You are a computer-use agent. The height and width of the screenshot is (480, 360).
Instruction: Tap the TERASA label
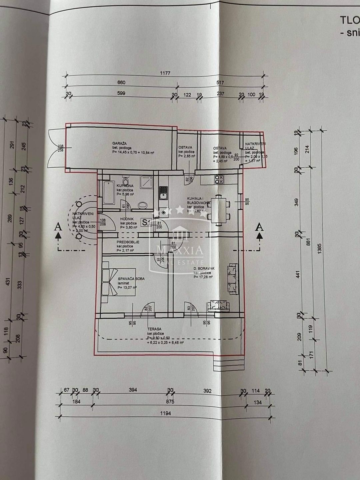pos(155,328)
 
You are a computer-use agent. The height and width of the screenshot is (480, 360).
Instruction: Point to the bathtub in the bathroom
pos(108,193)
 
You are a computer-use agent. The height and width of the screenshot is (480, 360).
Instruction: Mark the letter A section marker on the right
pos(259,227)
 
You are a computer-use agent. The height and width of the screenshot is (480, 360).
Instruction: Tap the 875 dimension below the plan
pos(170,402)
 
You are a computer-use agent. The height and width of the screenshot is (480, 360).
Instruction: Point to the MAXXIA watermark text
pos(180,249)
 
